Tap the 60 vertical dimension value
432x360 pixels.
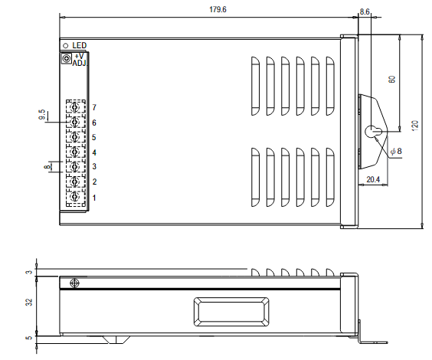391,79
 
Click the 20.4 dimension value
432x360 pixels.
373,180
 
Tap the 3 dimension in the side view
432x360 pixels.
29,272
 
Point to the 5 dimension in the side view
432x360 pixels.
29,338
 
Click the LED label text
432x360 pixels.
80,46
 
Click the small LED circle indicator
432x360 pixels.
66,46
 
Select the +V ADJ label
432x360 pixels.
79,60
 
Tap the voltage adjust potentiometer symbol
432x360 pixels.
66,58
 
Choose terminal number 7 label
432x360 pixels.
93,108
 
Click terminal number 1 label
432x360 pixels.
93,198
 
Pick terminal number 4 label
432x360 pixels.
93,152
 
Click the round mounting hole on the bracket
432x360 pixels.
371,131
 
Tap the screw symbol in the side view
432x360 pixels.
74,284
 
